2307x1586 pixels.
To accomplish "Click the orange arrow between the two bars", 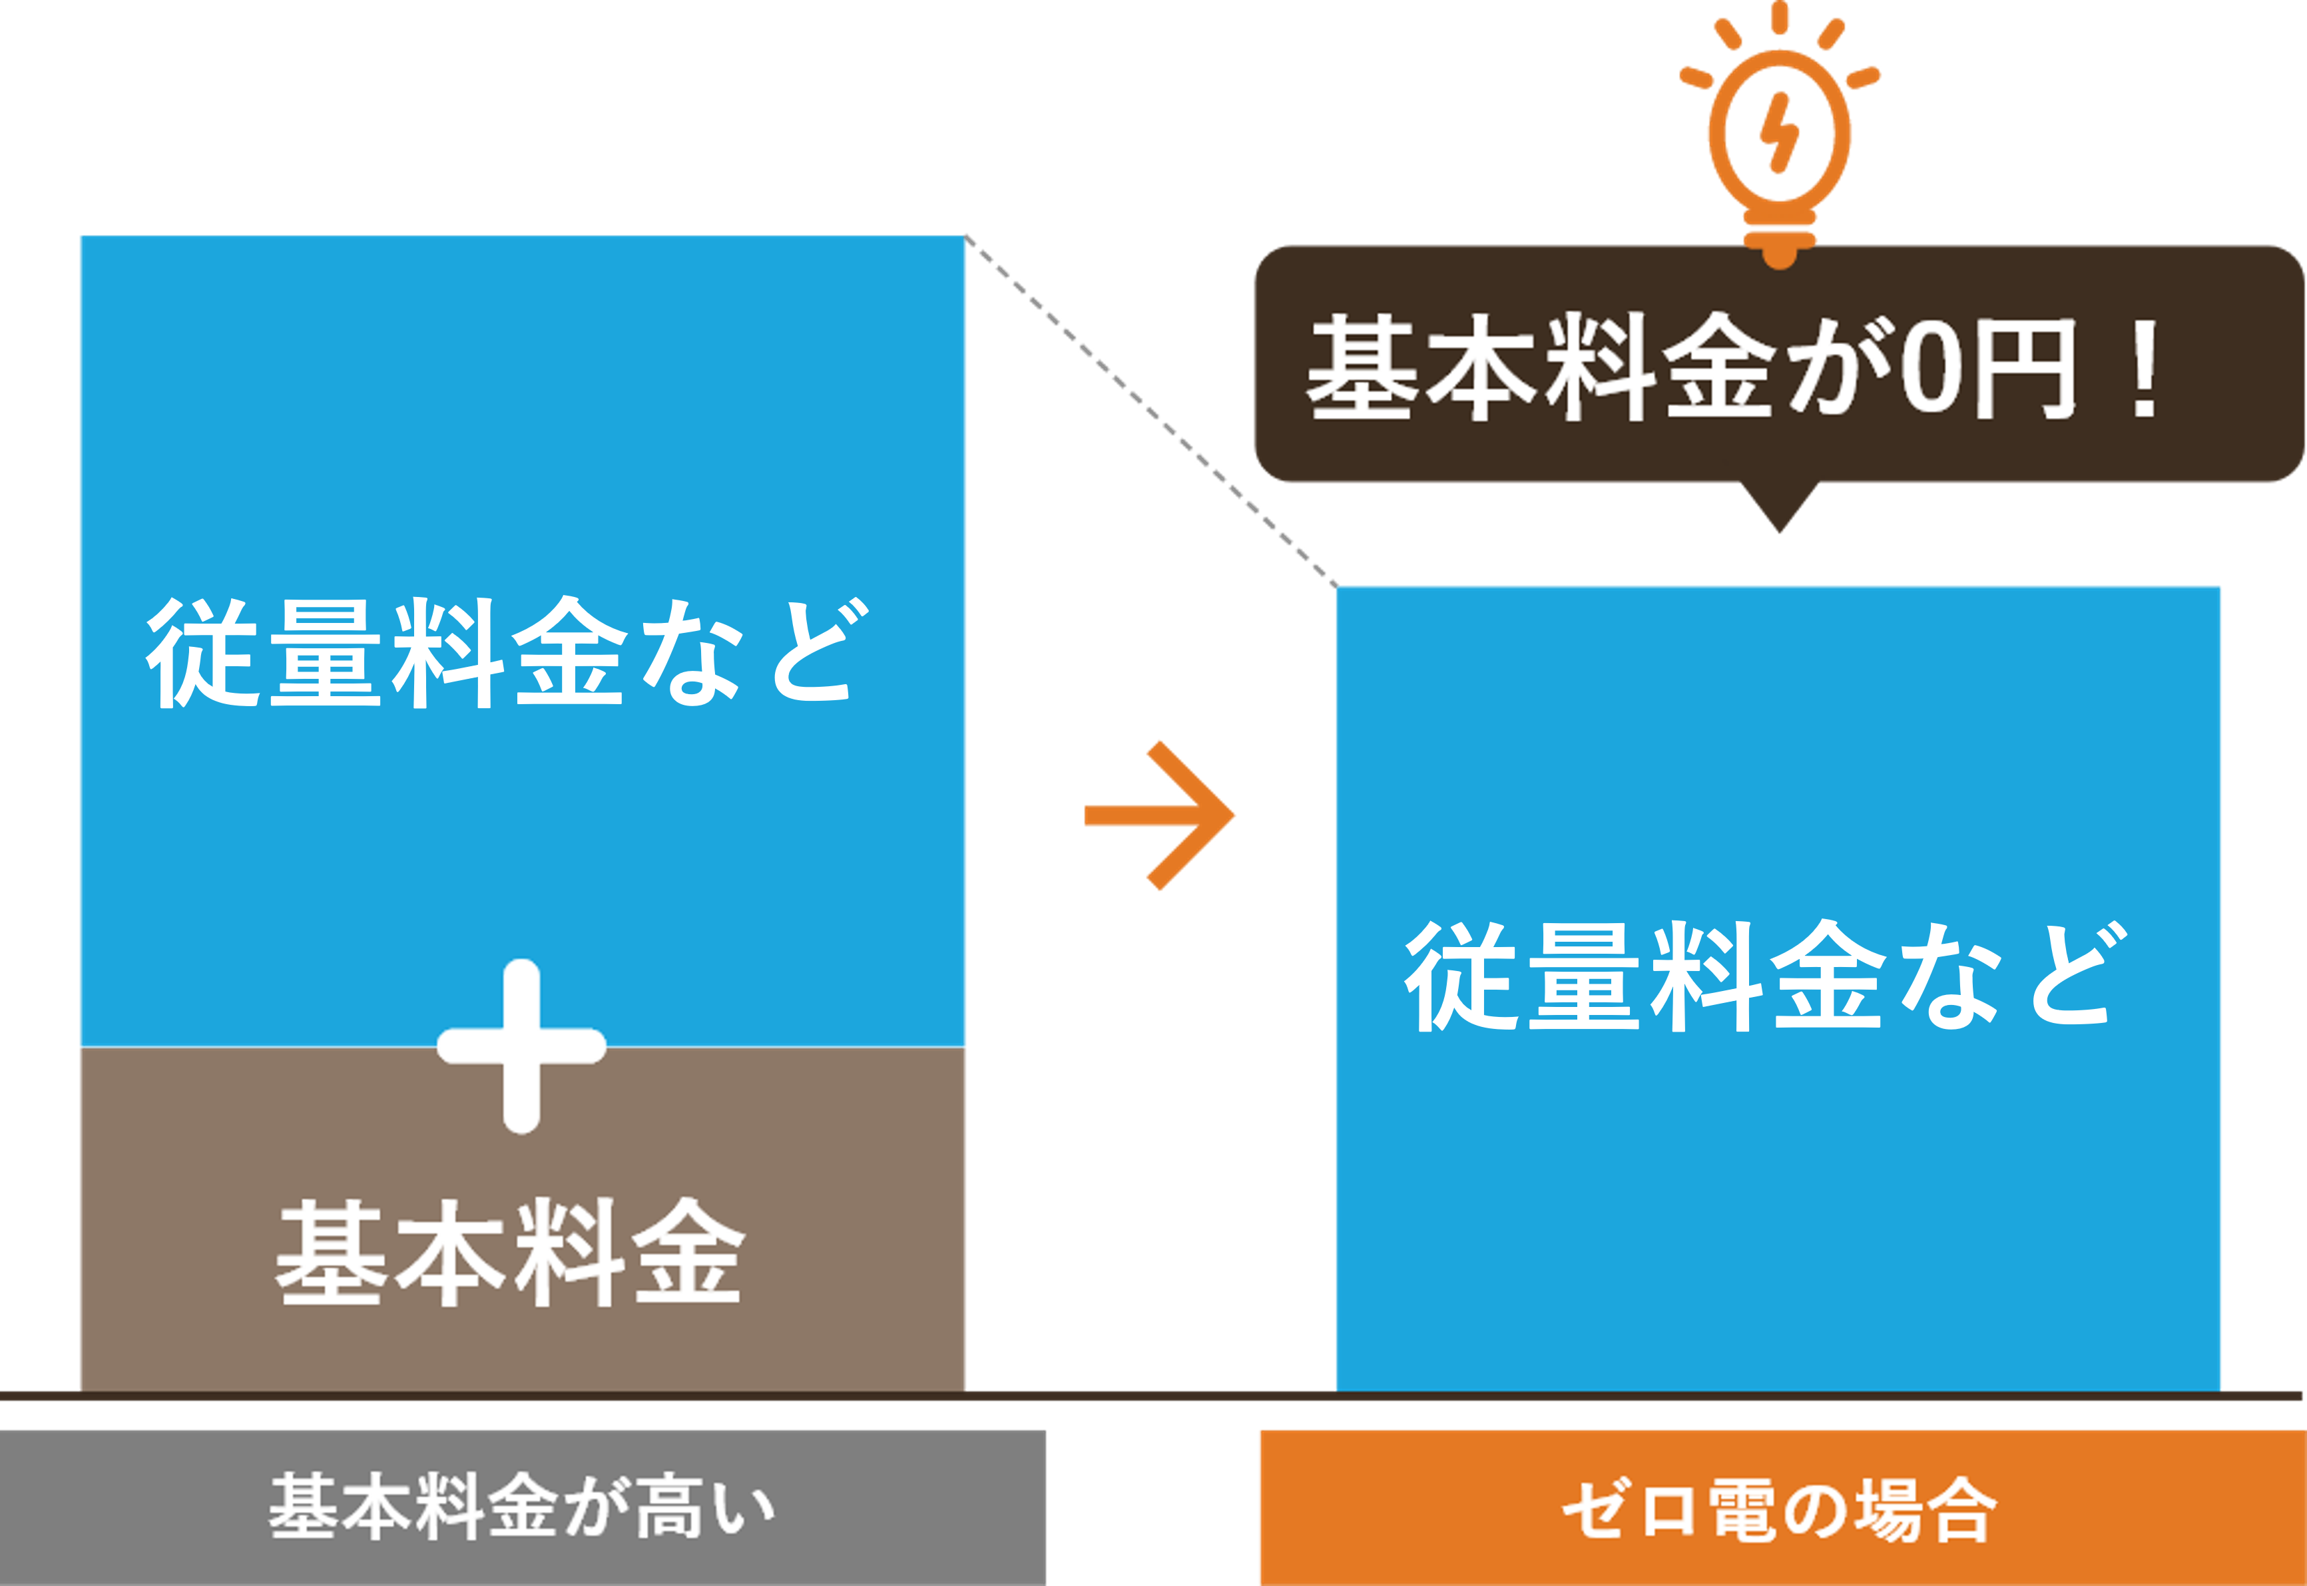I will pyautogui.click(x=1161, y=815).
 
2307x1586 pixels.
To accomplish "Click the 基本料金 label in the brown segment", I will pyautogui.click(x=509, y=1253).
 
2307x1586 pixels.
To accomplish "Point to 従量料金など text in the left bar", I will pyautogui.click(x=507, y=653).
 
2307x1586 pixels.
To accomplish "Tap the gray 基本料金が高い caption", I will pyautogui.click(x=522, y=1507).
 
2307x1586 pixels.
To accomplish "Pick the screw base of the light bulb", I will pyautogui.click(x=1779, y=244).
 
